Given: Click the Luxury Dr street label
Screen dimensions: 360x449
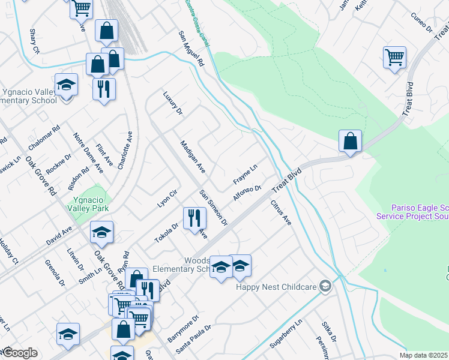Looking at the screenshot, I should (172, 103).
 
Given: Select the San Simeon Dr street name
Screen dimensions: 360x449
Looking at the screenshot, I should (214, 208).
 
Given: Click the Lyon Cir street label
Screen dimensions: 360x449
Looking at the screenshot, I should (167, 198).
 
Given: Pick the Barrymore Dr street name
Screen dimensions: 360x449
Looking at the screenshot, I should (183, 329).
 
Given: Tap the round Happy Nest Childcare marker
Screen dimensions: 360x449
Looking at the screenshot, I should (325, 286).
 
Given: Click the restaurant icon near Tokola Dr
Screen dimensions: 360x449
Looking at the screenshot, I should (193, 218).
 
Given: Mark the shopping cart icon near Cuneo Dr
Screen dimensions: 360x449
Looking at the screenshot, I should (394, 58).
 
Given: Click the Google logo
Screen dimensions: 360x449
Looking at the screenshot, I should (20, 353).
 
